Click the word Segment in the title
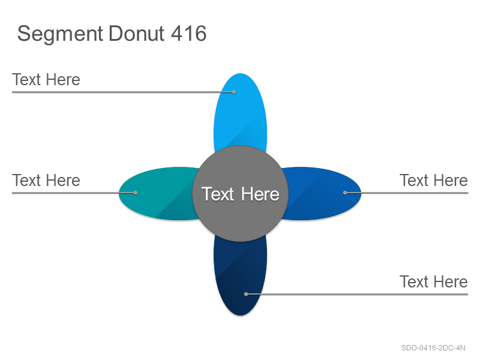60,34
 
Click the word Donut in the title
137,33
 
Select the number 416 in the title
188,33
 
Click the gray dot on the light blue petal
233,92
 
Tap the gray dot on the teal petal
136,193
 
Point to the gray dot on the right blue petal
345,193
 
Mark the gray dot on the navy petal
246,294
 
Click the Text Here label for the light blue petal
46,80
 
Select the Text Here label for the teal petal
46,181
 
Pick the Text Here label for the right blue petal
434,181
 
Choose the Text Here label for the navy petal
434,281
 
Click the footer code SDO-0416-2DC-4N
433,348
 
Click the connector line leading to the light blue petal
123,92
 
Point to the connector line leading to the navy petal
357,294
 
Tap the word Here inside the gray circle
260,194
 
